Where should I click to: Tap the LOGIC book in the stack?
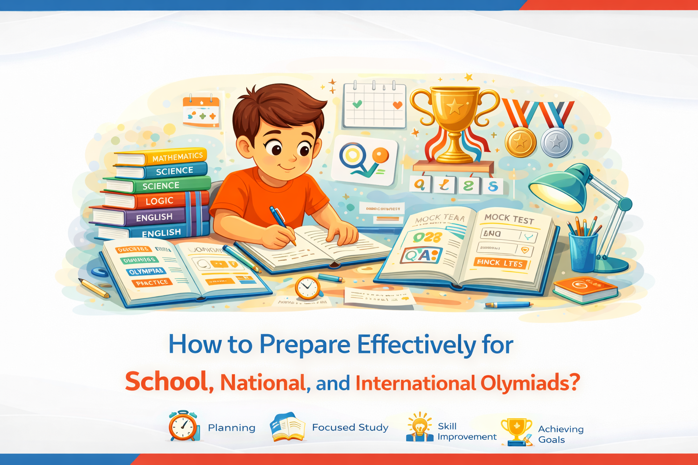click(x=159, y=201)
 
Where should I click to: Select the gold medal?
click(x=520, y=142)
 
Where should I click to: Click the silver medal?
click(x=556, y=143)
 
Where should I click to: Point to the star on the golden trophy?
click(x=454, y=107)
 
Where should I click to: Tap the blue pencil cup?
click(x=583, y=252)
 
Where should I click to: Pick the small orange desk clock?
click(x=308, y=287)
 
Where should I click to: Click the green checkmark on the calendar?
click(x=357, y=104)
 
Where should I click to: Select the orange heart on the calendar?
click(x=397, y=105)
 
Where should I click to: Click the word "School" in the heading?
click(x=166, y=382)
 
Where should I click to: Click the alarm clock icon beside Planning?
click(x=184, y=426)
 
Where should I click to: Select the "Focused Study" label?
click(x=350, y=427)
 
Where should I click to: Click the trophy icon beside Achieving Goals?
click(x=516, y=430)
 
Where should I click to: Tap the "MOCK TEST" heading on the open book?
click(x=509, y=218)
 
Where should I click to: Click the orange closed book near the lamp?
click(x=585, y=289)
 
